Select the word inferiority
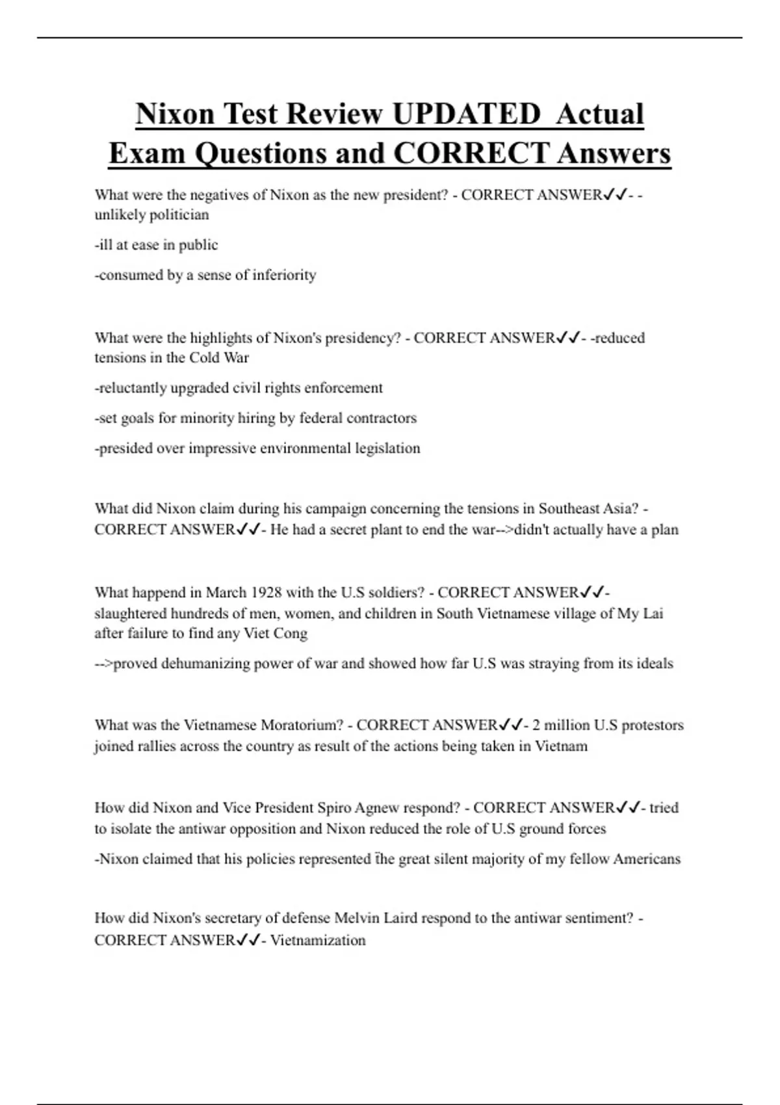[284, 275]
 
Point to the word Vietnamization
[318, 941]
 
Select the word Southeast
[567, 508]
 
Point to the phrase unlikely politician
[152, 215]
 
